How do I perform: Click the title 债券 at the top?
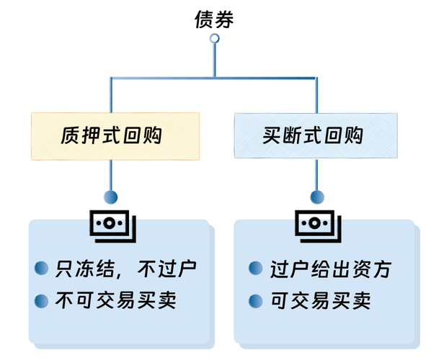214,19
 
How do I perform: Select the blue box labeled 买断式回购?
315,135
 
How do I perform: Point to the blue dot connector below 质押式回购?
110,196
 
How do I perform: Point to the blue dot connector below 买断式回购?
316,196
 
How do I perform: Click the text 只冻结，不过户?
126,269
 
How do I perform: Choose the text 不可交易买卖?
115,300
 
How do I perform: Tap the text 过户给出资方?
331,269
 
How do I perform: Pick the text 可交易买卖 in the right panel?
321,300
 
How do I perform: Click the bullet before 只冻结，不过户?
42,269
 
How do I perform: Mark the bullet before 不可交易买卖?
42,300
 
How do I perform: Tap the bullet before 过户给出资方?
254,269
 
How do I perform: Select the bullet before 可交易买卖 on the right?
254,300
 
